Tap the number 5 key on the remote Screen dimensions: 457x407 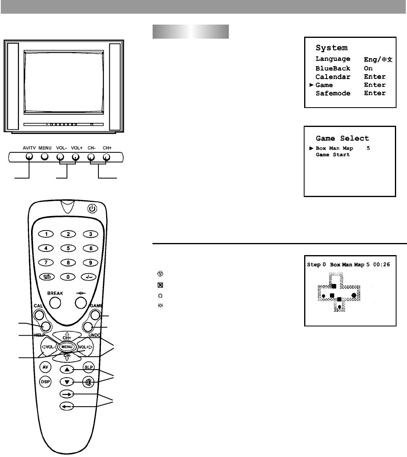[x=69, y=248]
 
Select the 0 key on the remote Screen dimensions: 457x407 [x=69, y=277]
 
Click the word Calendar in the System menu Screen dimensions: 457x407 [x=333, y=77]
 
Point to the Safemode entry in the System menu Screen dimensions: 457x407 [x=333, y=93]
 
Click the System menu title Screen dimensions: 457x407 [x=331, y=48]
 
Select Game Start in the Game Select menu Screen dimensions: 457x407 [x=332, y=155]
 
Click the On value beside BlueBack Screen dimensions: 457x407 [x=368, y=69]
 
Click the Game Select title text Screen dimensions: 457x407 [x=342, y=138]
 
